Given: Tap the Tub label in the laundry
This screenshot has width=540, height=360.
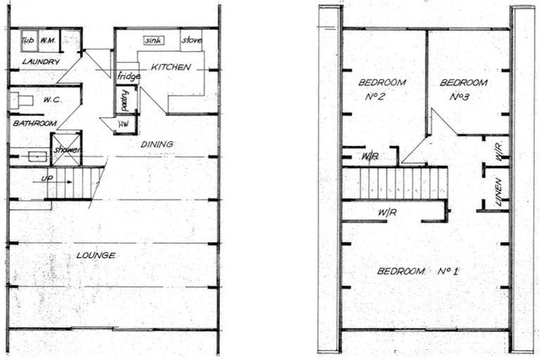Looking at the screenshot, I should [28, 41].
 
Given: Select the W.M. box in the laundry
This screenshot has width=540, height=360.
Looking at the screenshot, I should [48, 41].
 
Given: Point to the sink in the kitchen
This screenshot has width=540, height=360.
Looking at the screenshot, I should [154, 41].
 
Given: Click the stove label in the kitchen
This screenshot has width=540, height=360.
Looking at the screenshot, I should [191, 41].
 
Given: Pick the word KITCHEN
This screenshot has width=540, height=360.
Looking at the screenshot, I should [170, 67].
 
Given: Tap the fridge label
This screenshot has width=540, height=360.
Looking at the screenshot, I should [128, 76].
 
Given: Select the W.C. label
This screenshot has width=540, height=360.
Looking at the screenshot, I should [53, 100].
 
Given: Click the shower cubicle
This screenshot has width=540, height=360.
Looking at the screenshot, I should [67, 149].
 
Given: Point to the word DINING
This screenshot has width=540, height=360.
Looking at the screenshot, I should [157, 144].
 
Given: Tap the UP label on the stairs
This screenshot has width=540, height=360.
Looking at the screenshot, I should [48, 179].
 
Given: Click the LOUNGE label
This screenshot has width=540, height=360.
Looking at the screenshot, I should [96, 255].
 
